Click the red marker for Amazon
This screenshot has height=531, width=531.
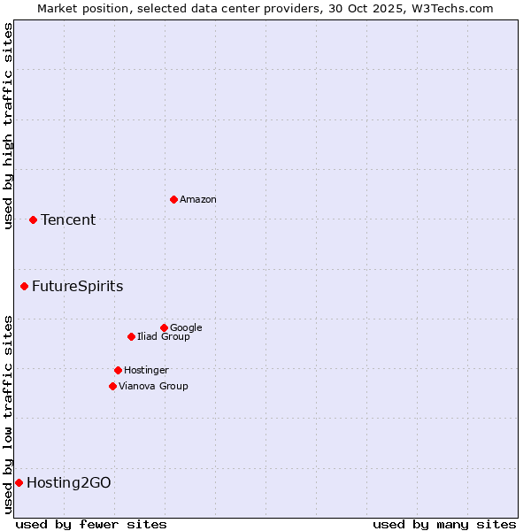tap(173, 199)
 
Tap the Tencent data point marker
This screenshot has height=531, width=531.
tap(33, 219)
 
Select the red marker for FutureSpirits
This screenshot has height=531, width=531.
tap(24, 286)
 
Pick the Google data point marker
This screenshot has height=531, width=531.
tap(164, 327)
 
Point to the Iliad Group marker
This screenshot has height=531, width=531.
tap(131, 336)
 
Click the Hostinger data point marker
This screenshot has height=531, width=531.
tap(118, 370)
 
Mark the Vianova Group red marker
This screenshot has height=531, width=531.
tap(112, 386)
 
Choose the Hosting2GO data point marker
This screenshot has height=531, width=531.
tap(19, 482)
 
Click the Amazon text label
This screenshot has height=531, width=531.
tap(198, 200)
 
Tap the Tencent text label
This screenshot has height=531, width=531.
tap(68, 220)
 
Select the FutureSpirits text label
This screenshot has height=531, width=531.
tap(78, 287)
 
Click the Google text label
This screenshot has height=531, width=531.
tap(186, 328)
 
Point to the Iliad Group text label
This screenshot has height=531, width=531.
tap(164, 337)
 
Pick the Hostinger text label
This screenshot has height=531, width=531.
tap(146, 371)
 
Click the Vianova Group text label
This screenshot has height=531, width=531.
tap(153, 387)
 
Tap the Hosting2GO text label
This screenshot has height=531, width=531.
tap(69, 483)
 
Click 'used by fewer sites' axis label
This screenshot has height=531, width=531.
tap(91, 525)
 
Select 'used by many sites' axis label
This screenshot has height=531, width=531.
tap(444, 525)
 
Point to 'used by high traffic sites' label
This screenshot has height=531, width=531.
tap(8, 126)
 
